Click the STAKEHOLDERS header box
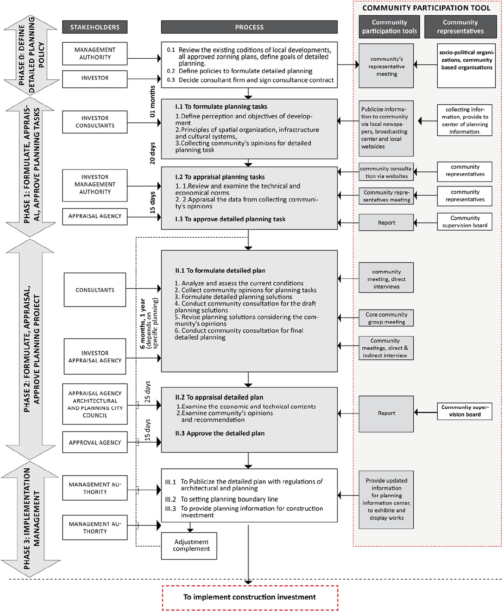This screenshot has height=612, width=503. (95, 27)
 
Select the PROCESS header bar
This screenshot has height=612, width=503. (249, 27)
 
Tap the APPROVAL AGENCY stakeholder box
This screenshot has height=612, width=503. (95, 442)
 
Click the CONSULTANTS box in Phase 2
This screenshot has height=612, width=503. (95, 290)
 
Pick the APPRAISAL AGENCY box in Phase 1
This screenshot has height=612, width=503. (95, 216)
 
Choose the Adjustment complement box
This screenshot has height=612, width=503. (189, 546)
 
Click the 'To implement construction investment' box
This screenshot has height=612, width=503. (250, 597)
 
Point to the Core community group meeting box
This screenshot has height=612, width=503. (386, 318)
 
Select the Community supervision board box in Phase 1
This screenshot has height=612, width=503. (464, 222)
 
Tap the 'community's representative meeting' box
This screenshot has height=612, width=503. (386, 66)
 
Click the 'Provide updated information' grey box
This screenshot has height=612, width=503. (386, 499)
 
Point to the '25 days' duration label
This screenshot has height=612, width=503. (147, 392)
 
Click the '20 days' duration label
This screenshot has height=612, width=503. (152, 153)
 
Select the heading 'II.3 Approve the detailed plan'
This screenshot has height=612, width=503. (220, 433)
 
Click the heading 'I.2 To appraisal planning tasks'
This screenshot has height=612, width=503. (220, 177)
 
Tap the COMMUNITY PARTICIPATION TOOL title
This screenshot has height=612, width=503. (426, 8)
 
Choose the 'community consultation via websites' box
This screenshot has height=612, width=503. (386, 172)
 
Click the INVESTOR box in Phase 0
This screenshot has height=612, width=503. (95, 78)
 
